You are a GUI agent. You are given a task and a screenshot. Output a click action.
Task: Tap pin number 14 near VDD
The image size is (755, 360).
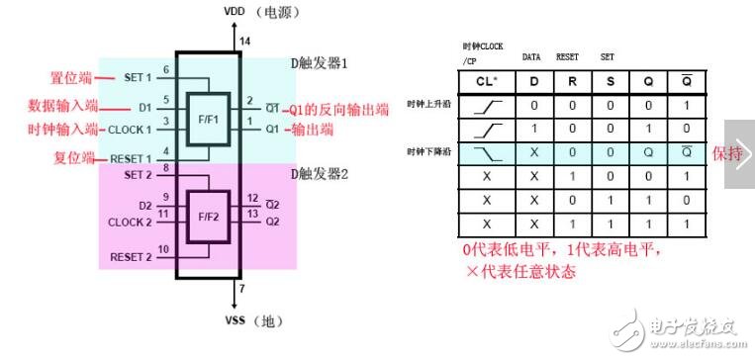click(x=245, y=41)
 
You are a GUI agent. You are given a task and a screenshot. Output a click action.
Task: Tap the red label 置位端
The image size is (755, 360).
click(x=70, y=77)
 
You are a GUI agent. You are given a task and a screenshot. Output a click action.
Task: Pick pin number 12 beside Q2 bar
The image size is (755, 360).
click(x=253, y=197)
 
